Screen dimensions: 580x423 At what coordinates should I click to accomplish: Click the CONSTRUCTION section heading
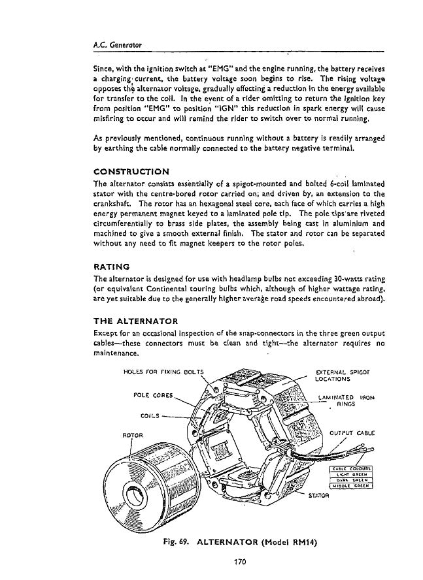coord(131,171)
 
